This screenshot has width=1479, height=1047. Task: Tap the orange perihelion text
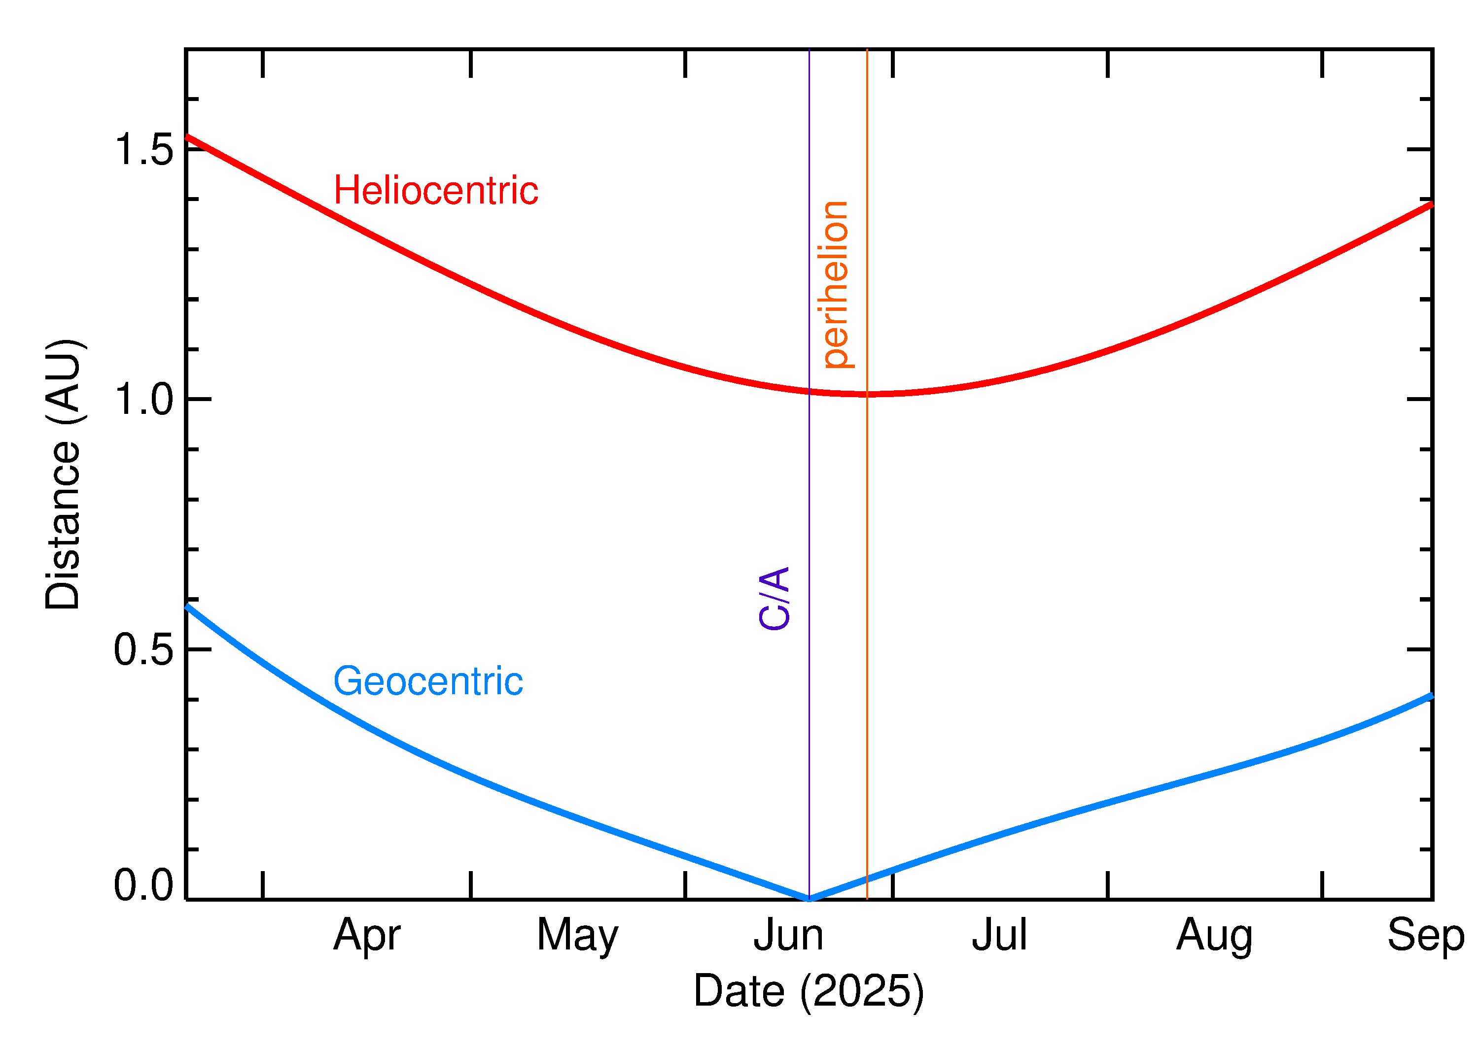pos(836,284)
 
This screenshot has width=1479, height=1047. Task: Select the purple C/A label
pos(774,598)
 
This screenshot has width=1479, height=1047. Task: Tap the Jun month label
pos(788,935)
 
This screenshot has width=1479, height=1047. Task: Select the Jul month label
pos(999,935)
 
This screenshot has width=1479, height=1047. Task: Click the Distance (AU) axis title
pos(63,474)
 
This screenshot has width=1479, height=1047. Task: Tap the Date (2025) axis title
pos(808,991)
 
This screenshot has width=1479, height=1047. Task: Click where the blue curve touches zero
pos(810,899)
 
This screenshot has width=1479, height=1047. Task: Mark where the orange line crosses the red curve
pos(867,394)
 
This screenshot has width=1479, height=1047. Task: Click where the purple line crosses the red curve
pos(810,391)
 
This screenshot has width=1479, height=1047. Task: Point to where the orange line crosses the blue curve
pos(867,878)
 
